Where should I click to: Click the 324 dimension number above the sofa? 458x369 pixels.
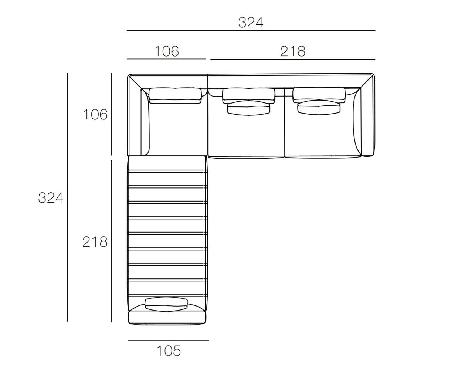pyautogui.click(x=251, y=23)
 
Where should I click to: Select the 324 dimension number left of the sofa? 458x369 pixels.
pyautogui.click(x=51, y=198)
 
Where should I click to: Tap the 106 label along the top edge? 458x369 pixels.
pyautogui.click(x=167, y=51)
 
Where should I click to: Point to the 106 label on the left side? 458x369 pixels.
pyautogui.click(x=95, y=115)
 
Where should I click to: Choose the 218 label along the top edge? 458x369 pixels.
pyautogui.click(x=293, y=51)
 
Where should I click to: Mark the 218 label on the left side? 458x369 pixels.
pyautogui.click(x=95, y=242)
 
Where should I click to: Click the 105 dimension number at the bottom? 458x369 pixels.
pyautogui.click(x=169, y=351)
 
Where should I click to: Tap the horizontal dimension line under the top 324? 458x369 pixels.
pyautogui.click(x=251, y=31)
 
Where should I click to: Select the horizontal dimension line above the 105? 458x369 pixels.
pyautogui.click(x=168, y=341)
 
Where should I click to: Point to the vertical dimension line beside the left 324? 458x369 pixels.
pyautogui.click(x=67, y=197)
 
